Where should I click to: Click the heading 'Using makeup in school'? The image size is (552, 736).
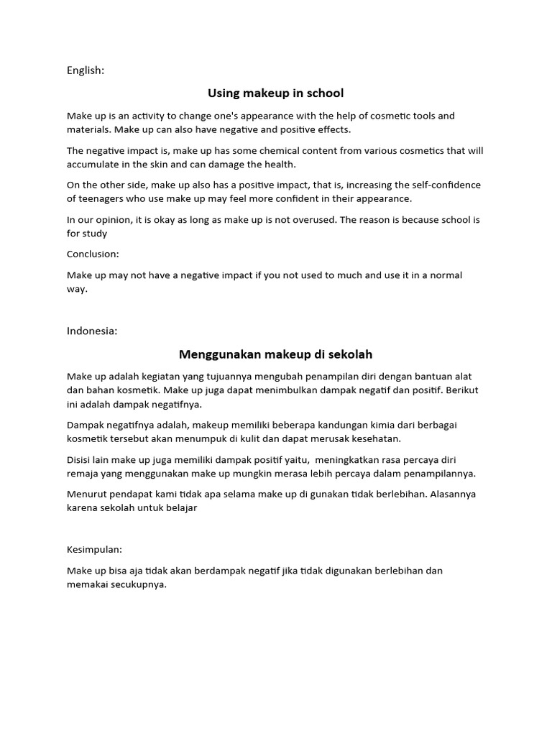tap(275, 93)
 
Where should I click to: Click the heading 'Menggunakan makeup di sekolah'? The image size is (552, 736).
tap(275, 354)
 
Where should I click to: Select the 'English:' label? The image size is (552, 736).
tap(86, 70)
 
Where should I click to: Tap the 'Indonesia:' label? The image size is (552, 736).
tap(92, 331)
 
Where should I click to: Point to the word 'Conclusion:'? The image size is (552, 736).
tap(93, 254)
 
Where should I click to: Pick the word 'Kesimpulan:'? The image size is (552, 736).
tap(94, 549)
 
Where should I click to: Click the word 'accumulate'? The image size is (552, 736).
tap(93, 165)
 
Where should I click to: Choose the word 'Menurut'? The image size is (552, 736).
tap(86, 494)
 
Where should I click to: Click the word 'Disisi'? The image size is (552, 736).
tap(80, 459)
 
